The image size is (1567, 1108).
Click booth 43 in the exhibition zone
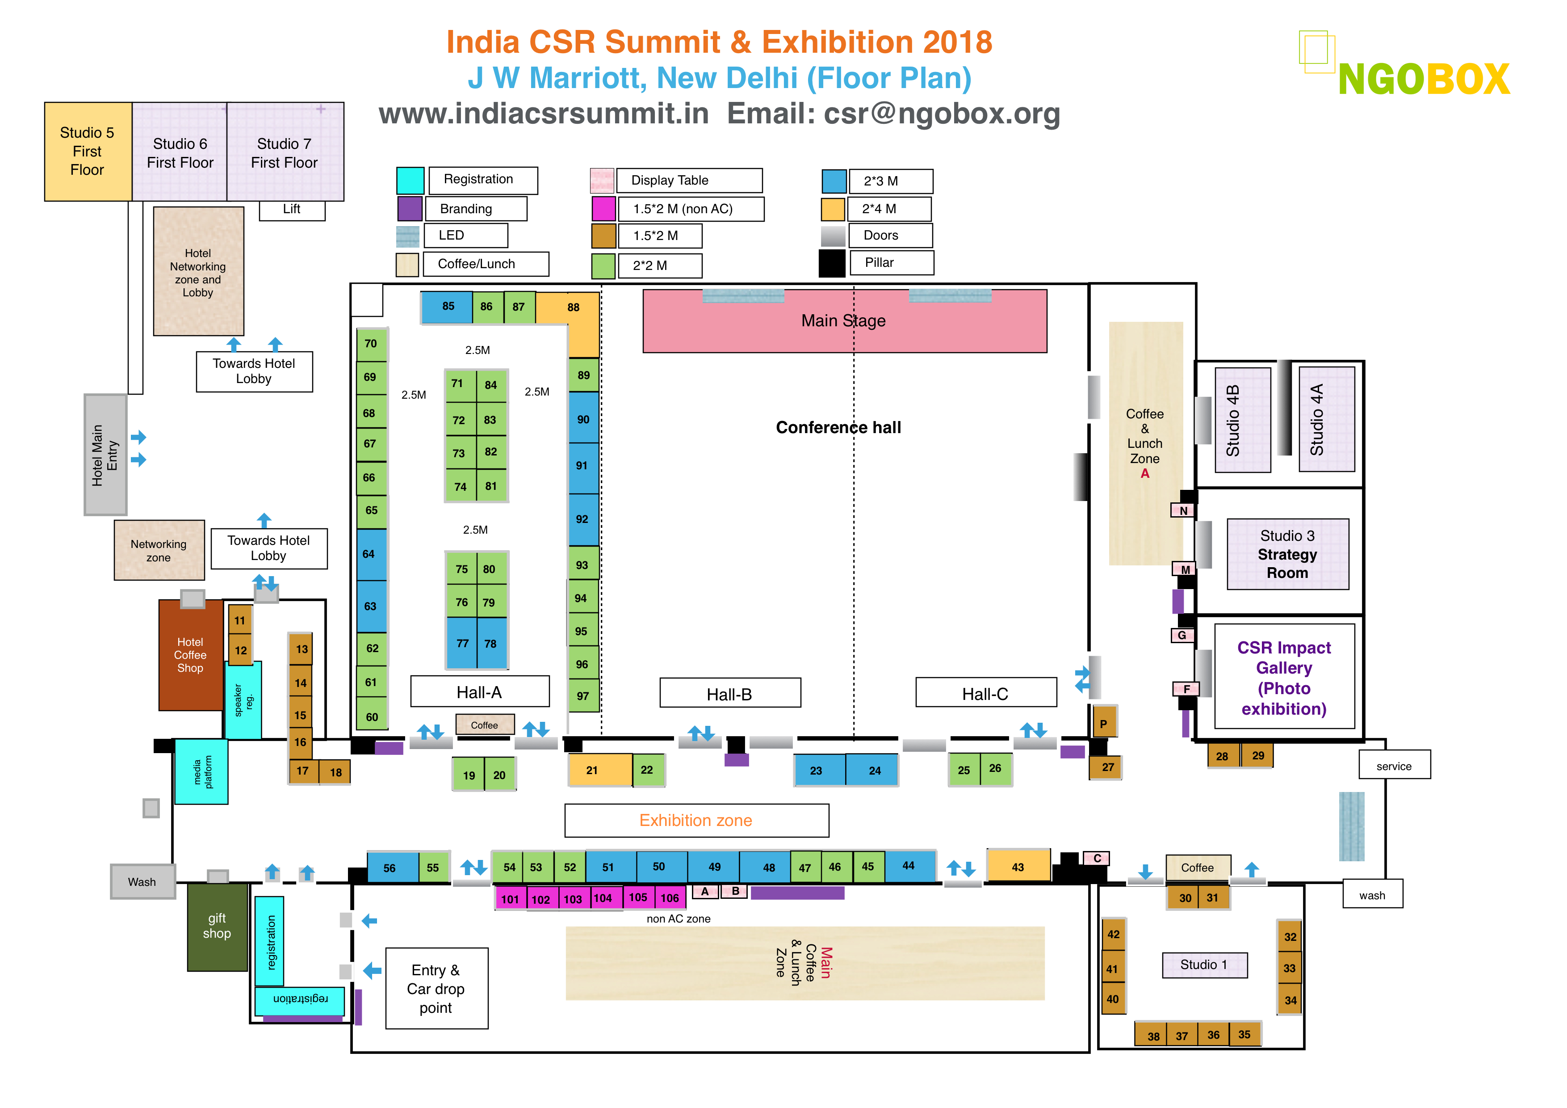pyautogui.click(x=1017, y=866)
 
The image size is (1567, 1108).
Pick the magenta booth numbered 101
pyautogui.click(x=510, y=898)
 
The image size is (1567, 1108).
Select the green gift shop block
pyautogui.click(x=217, y=927)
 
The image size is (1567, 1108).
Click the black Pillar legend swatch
pyautogui.click(x=831, y=264)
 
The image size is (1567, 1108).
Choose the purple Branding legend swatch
pyautogui.click(x=410, y=208)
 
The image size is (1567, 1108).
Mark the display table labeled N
pyautogui.click(x=1183, y=511)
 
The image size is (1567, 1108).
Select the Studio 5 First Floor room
pyautogui.click(x=88, y=151)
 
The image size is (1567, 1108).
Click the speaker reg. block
pyautogui.click(x=243, y=700)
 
